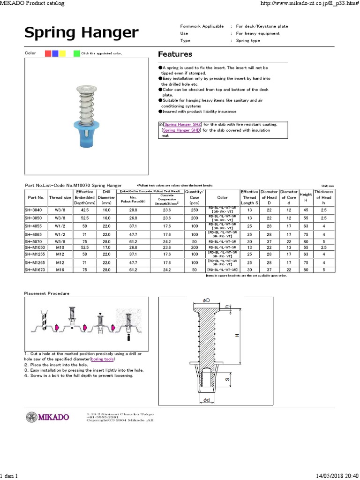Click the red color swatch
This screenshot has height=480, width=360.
[48, 53]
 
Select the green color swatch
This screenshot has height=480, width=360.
[76, 53]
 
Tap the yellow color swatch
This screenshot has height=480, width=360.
[62, 53]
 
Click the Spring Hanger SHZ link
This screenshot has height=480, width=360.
[182, 124]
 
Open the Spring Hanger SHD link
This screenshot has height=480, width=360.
[181, 130]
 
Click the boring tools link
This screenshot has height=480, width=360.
[102, 359]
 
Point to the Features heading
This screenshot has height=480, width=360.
[175, 54]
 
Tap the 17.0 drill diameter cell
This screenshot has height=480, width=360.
[106, 247]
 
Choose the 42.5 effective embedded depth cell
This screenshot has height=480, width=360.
[85, 210]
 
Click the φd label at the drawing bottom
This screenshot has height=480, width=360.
[206, 400]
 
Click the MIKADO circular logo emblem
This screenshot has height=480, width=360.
[31, 417]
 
